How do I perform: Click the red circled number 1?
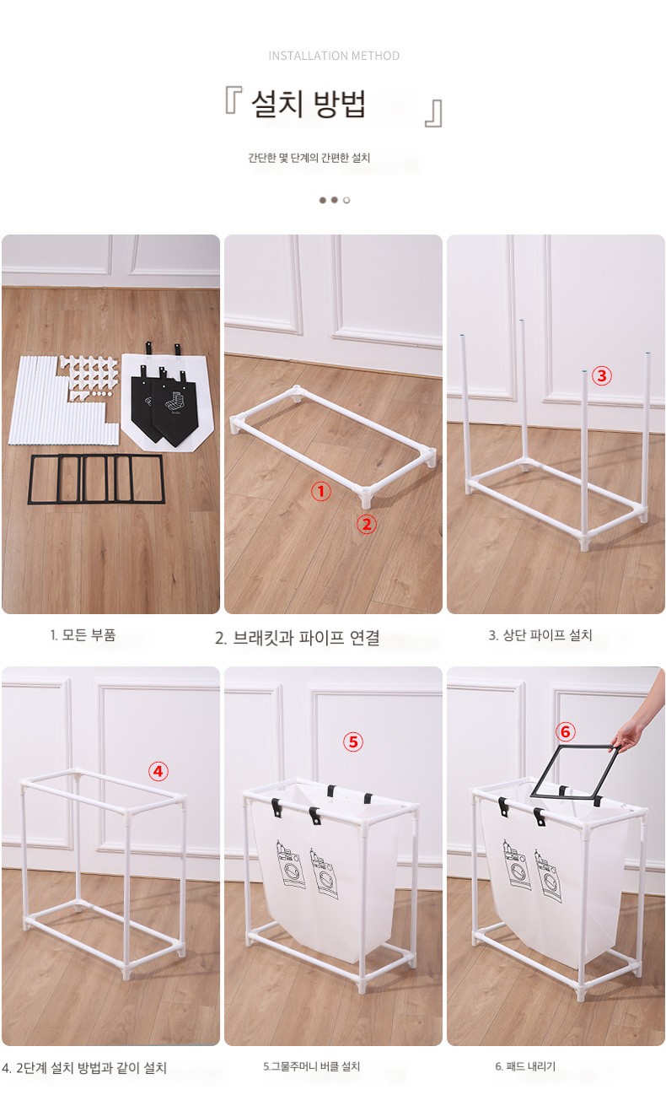point(321,491)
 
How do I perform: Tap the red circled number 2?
point(367,524)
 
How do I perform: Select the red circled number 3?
point(601,375)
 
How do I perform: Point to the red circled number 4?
point(158,772)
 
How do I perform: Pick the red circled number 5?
point(352,742)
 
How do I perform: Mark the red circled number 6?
point(566,731)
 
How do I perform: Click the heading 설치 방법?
point(309,104)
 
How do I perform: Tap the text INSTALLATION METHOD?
point(334,56)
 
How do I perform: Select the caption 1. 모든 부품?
point(83,635)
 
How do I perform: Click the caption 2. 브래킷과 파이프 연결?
point(298,638)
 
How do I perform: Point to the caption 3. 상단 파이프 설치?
point(540,635)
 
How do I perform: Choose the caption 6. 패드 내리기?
point(525,1066)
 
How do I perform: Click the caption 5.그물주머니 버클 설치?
point(312,1066)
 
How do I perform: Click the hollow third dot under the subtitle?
point(346,200)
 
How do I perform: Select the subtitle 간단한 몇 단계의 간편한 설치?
point(309,158)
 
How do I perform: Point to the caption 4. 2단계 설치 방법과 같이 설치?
point(84,1068)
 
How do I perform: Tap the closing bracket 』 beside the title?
point(433,113)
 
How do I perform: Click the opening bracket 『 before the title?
point(233,100)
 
